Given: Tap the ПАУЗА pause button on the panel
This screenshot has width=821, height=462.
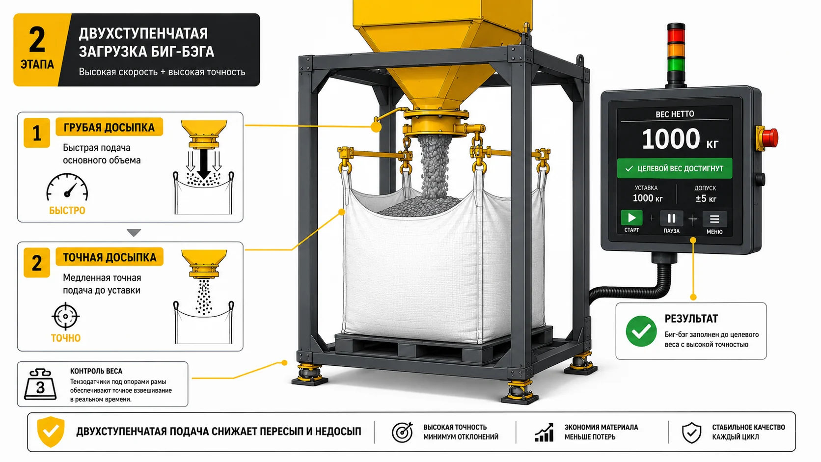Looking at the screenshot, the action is point(671,218).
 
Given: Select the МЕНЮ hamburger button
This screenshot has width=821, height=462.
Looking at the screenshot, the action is point(714,219).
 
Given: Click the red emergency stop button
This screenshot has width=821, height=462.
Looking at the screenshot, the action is point(768,138).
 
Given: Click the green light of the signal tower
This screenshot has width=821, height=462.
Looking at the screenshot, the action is point(676,65).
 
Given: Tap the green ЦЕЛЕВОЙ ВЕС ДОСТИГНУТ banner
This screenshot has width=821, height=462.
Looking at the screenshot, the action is point(674,168).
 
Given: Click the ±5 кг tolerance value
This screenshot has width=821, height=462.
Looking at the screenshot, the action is point(706,198).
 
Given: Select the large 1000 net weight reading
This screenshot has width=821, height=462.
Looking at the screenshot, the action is point(671,139).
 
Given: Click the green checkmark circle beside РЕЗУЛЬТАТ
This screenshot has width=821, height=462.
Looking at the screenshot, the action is point(641,331).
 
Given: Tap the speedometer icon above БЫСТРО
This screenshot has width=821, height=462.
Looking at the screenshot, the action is point(67,188).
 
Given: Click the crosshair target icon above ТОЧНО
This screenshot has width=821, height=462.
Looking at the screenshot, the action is point(65,316).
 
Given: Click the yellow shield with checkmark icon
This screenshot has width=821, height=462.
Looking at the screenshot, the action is point(51,432).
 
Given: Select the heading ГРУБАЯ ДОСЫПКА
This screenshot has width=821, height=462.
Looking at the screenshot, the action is point(109,128).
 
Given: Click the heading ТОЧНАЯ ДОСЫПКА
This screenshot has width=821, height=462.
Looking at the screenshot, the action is point(109,258).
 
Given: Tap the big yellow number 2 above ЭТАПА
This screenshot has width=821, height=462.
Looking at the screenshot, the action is point(37,40).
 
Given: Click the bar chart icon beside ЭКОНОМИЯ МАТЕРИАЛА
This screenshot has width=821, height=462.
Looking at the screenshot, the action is point(544,433).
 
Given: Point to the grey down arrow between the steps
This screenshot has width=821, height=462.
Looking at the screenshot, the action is point(134,233).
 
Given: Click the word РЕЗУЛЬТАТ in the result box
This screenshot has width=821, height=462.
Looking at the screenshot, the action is point(691,319).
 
